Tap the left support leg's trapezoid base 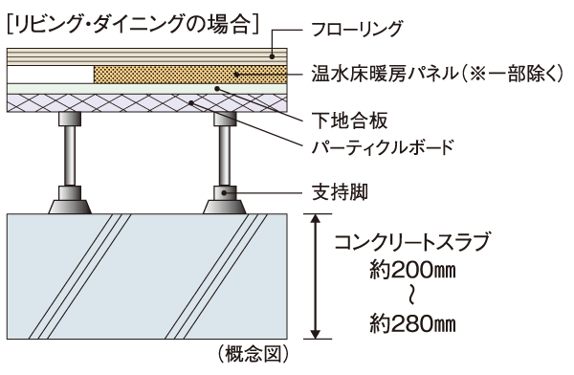pyautogui.click(x=67, y=204)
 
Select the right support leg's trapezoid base pyautogui.click(x=228, y=204)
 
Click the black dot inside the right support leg pyautogui.click(x=228, y=191)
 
